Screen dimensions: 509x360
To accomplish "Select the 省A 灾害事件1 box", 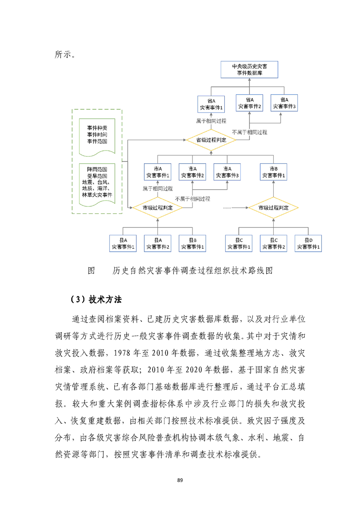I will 212,104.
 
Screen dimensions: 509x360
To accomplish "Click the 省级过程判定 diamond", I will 212,140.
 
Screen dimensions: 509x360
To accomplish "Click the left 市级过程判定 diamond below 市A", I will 157,207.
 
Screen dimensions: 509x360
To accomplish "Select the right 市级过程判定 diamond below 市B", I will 274,207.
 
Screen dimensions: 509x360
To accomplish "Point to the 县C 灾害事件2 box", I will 274,243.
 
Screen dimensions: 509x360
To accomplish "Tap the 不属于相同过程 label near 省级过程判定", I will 249,132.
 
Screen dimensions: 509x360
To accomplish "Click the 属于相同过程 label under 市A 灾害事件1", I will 157,188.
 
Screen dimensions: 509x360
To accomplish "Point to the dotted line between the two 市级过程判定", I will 234,207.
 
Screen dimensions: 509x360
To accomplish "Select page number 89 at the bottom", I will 180,480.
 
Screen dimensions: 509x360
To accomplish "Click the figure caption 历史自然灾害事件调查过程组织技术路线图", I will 194,271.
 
